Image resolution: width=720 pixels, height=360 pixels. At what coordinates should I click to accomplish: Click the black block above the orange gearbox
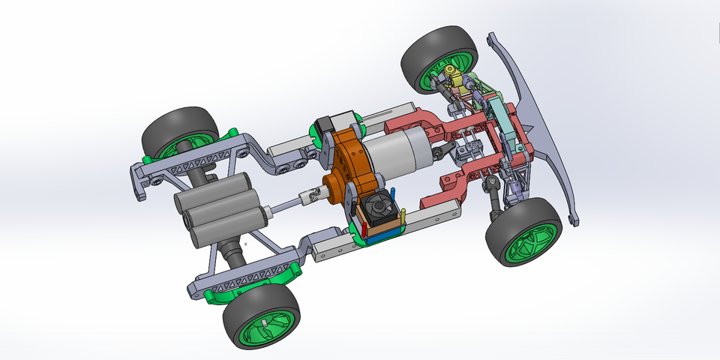pyautogui.click(x=329, y=124)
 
